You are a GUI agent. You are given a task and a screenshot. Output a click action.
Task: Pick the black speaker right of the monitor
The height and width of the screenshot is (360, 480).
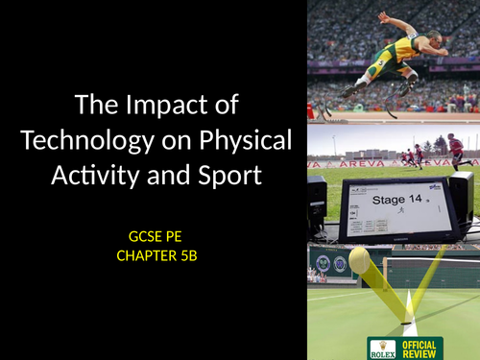click(462, 203)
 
